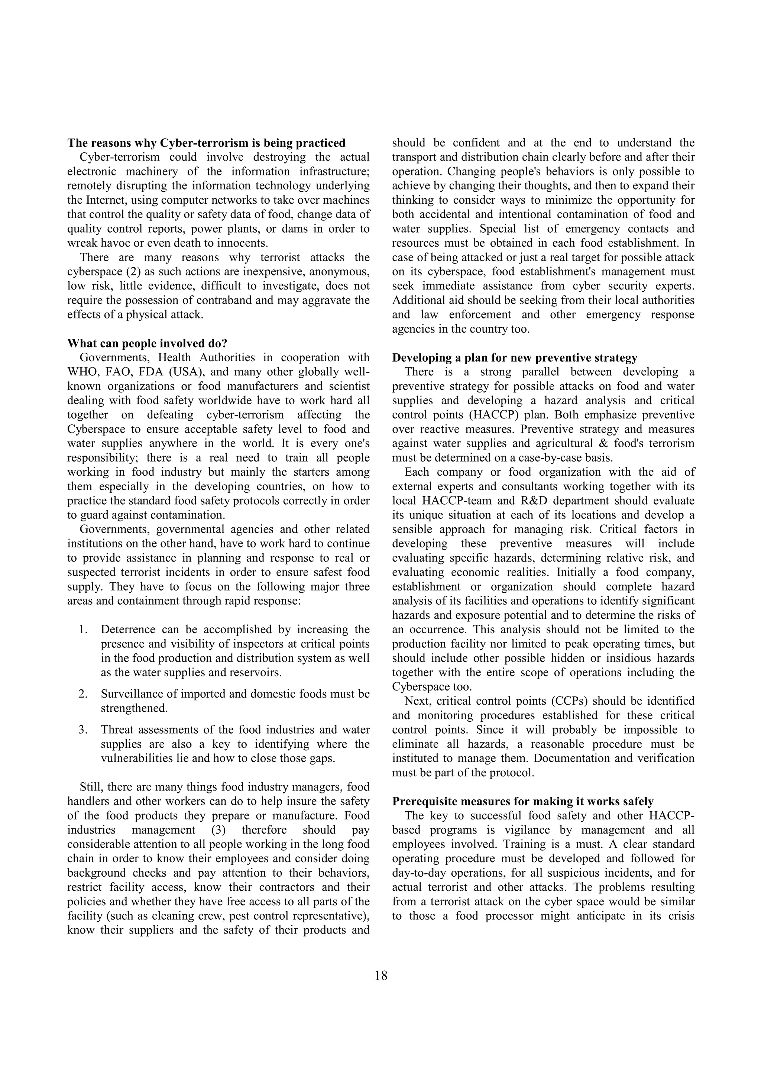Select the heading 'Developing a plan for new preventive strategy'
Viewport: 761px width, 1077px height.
coord(514,358)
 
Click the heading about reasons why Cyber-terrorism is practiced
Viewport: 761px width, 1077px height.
coord(206,143)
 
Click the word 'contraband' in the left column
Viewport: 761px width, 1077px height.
coord(227,301)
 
